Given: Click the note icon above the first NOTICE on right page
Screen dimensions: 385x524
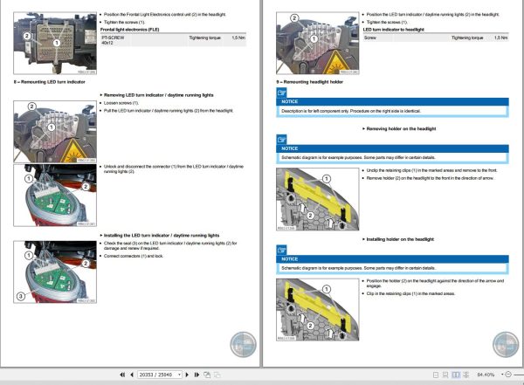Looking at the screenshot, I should (x=281, y=92).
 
